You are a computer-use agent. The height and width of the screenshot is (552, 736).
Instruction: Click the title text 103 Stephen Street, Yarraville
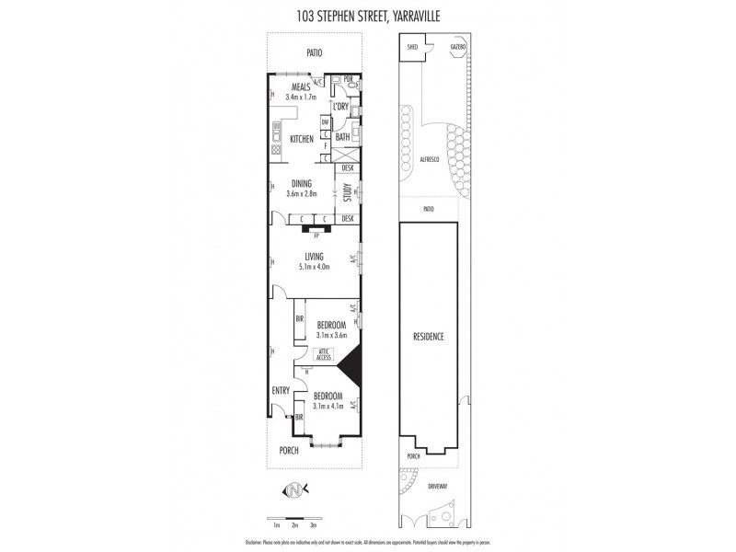(x=367, y=13)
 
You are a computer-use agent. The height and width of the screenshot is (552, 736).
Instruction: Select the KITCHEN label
(x=302, y=139)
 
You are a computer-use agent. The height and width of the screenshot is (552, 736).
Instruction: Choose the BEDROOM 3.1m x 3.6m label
(x=330, y=330)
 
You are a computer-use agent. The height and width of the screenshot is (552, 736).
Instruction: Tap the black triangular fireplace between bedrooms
(x=349, y=369)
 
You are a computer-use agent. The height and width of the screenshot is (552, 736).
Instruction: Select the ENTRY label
(x=281, y=391)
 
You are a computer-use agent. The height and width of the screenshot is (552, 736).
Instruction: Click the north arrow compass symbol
(x=294, y=490)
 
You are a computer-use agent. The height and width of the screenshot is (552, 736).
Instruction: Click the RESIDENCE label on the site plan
(x=429, y=337)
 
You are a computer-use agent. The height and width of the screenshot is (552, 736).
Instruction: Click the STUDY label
(x=348, y=193)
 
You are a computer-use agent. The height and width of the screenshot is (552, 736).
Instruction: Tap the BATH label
(x=342, y=137)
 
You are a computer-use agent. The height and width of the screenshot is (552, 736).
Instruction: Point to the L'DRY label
(x=340, y=107)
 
